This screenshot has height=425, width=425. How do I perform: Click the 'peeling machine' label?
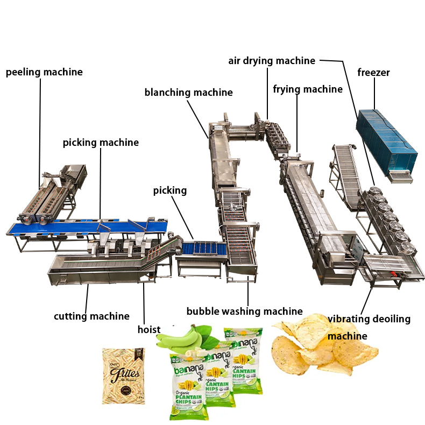(x=44, y=72)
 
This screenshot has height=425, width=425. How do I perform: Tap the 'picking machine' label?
(x=101, y=143)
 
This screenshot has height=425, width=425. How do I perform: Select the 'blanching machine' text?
(x=188, y=93)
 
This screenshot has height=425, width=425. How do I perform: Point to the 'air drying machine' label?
(x=272, y=61)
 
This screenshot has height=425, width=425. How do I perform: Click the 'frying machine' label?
(x=307, y=89)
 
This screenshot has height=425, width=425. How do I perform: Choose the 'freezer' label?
(x=373, y=73)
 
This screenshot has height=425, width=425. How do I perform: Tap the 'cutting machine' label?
(x=91, y=316)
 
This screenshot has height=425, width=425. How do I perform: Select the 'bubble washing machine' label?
(x=244, y=311)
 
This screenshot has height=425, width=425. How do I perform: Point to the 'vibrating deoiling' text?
(x=369, y=319)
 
